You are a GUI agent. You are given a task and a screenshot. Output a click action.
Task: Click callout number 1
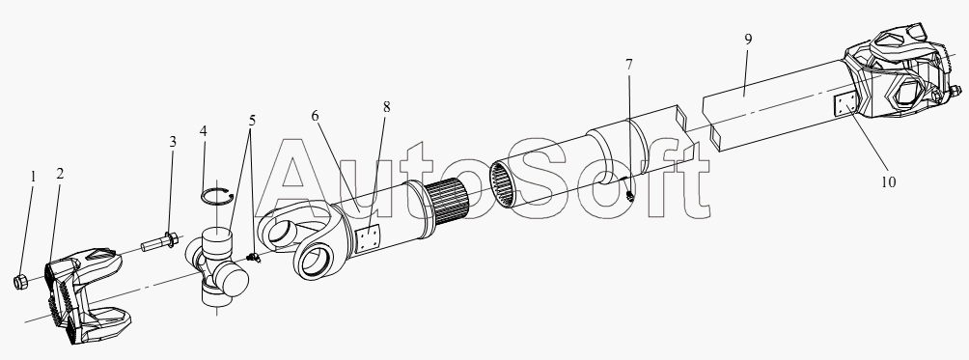(x=34, y=178)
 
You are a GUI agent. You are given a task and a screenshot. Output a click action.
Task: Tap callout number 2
(x=60, y=174)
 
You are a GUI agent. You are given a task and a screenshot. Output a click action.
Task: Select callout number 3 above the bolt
(x=173, y=142)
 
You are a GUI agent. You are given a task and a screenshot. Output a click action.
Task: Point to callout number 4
(x=204, y=131)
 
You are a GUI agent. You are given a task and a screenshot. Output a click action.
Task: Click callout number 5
(x=252, y=120)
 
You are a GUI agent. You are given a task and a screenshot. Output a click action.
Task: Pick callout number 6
(x=316, y=116)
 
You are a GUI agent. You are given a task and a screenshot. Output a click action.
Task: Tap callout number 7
(x=629, y=65)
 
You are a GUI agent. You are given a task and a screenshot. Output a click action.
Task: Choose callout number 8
(x=387, y=107)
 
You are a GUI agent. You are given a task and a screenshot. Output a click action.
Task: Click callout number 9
(x=748, y=40)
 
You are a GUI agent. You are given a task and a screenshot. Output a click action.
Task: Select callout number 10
(x=888, y=182)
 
